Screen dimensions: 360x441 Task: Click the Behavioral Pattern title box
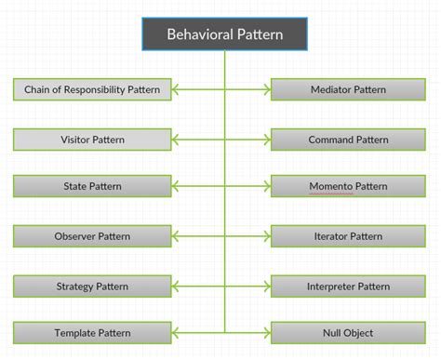[224, 34]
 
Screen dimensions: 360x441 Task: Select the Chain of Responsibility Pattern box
[93, 90]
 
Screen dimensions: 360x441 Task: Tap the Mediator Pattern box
[347, 90]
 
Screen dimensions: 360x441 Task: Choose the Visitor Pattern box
[93, 140]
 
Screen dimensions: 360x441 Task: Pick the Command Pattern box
[347, 140]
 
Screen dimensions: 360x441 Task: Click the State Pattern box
[93, 186]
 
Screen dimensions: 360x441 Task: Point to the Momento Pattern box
[347, 186]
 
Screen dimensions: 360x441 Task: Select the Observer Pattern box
[93, 236]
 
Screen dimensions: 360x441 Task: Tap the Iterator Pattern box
[347, 236]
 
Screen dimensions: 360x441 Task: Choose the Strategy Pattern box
[93, 286]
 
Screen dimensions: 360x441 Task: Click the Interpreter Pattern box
[347, 286]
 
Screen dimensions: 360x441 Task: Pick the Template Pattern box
[93, 332]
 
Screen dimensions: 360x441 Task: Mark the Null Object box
[347, 332]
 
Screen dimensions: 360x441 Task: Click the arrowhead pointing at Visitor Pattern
[177, 140]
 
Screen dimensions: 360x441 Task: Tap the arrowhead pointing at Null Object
[265, 332]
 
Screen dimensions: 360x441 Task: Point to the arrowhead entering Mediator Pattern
[265, 90]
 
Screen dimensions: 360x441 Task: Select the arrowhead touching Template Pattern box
[177, 332]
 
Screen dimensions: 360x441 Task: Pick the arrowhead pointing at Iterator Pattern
[265, 236]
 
